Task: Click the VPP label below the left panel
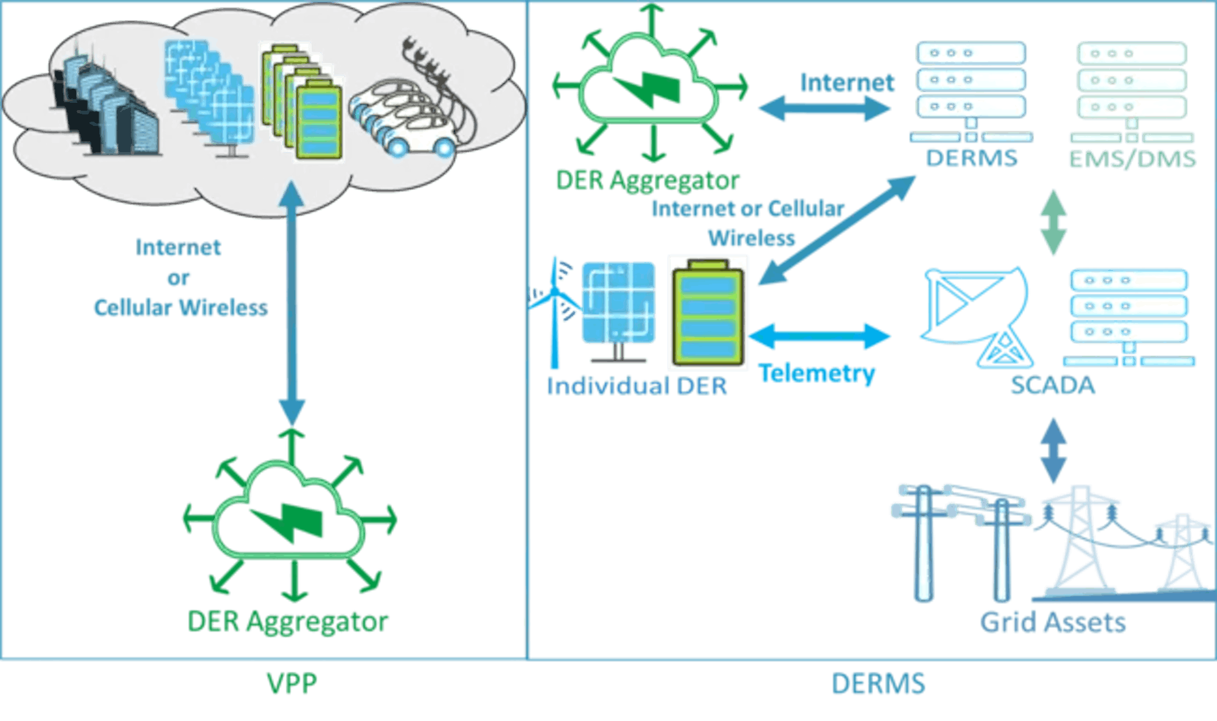(x=292, y=683)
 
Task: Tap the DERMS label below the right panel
(x=878, y=683)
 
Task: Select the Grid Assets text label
(x=1053, y=622)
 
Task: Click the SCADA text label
(x=1053, y=385)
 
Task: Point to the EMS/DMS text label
(x=1132, y=159)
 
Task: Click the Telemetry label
(x=817, y=372)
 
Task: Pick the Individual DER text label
(x=636, y=386)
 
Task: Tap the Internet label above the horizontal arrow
(x=847, y=83)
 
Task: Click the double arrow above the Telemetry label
(x=820, y=336)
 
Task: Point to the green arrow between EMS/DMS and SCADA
(x=1053, y=222)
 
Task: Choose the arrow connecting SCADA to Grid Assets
(x=1053, y=450)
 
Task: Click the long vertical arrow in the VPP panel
(x=291, y=304)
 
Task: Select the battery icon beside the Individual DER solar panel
(x=708, y=313)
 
